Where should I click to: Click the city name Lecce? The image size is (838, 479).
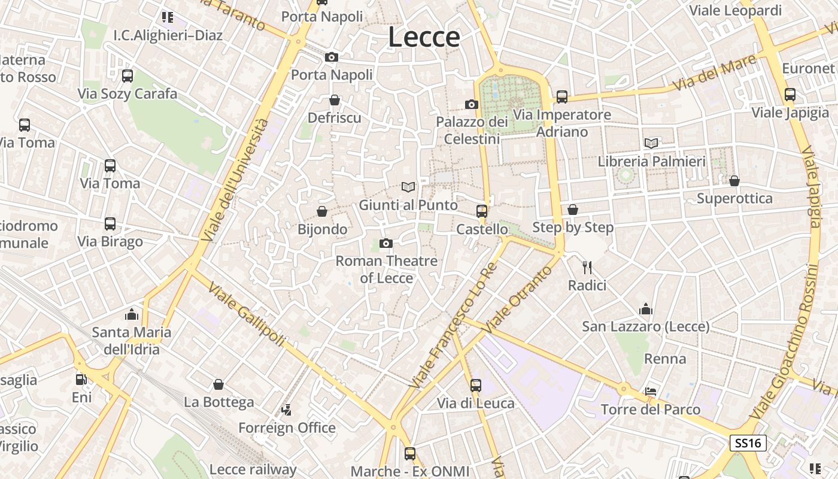pos(424,37)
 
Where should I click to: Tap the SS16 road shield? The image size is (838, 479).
pos(748,443)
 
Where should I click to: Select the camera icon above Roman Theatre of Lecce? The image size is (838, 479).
pos(386,243)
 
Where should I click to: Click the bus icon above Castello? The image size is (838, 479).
pos(482,211)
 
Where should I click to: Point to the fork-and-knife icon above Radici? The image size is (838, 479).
pos(587,267)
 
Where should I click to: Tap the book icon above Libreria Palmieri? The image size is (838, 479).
pos(651,143)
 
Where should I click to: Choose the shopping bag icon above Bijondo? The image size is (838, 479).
pos(322,211)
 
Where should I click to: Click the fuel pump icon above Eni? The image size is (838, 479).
pos(81,379)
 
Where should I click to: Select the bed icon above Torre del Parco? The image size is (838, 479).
pos(651,392)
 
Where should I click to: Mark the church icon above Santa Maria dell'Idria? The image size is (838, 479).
pos(132,314)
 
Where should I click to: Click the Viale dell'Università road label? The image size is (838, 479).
pos(236,180)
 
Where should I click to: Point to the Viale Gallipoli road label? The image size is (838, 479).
pos(247,314)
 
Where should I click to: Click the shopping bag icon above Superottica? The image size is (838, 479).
pos(734,181)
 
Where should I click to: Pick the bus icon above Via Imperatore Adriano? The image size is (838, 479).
pos(561,96)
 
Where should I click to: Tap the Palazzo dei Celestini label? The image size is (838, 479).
pos(472,130)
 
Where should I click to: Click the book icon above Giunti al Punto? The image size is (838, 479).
pos(408,187)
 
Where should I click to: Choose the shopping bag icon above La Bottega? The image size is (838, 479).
pos(218,384)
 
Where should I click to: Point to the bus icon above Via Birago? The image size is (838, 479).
pos(110,224)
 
